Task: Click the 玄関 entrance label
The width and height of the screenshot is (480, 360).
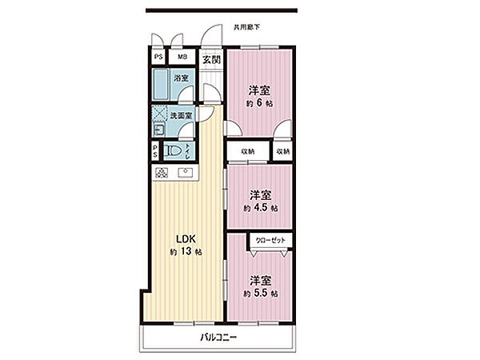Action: tap(211, 59)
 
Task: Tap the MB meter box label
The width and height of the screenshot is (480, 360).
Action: tap(182, 57)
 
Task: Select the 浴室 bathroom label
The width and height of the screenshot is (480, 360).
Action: tap(181, 78)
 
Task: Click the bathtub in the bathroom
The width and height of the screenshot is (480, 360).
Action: tap(161, 85)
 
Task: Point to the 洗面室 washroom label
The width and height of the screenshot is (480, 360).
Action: tap(181, 116)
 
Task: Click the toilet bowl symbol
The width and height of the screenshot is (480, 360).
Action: tap(172, 151)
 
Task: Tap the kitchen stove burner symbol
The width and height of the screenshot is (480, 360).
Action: tap(162, 173)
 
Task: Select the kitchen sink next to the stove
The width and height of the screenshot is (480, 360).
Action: tap(186, 173)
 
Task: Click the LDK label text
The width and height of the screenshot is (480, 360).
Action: tap(186, 239)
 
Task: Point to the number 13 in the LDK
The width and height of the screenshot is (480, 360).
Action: tap(186, 252)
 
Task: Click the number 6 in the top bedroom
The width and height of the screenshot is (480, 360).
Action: tap(259, 103)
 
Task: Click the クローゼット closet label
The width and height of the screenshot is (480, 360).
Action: tap(270, 240)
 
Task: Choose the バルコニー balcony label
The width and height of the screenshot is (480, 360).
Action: tap(218, 338)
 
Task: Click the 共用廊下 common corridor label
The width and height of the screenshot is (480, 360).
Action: tap(246, 27)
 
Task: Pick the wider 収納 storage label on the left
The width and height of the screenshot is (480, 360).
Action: tap(248, 151)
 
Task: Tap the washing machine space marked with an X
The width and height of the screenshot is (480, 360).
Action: tap(160, 114)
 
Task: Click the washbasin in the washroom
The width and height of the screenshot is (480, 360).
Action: tap(158, 130)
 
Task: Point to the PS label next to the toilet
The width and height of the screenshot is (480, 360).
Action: tap(155, 151)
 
